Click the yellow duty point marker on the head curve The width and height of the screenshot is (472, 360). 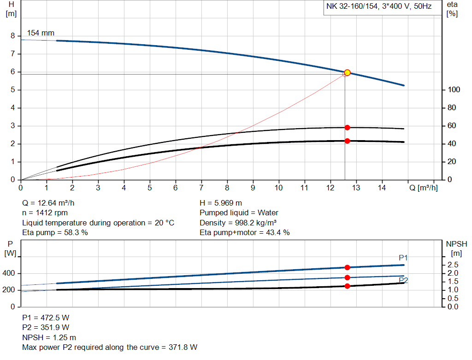[x=347, y=72]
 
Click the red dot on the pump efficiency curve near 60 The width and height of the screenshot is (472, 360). [x=347, y=128]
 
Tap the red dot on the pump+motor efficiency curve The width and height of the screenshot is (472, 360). [x=347, y=141]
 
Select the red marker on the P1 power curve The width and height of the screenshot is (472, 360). [x=347, y=267]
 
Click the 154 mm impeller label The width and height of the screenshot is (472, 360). [x=41, y=33]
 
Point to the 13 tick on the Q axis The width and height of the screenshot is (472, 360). [x=356, y=188]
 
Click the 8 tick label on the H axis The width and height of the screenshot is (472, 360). [x=13, y=36]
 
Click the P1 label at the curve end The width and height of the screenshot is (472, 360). [x=403, y=258]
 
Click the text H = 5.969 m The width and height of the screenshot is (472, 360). [x=221, y=203]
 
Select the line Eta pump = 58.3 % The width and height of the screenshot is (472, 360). [x=55, y=233]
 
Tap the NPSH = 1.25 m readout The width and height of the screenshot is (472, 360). [x=49, y=337]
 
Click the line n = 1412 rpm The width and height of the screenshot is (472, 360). [x=45, y=213]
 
